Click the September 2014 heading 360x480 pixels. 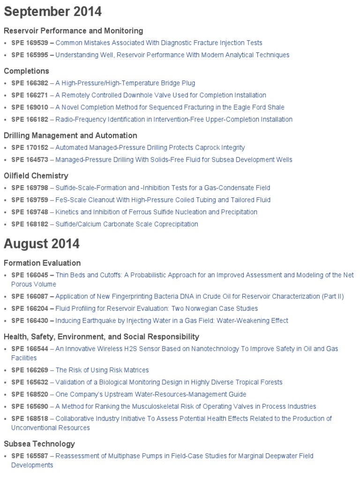click(x=52, y=11)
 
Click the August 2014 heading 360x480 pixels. click(x=42, y=244)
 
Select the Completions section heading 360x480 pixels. click(x=26, y=71)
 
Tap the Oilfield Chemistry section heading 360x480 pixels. click(x=36, y=175)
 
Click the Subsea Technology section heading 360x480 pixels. click(x=39, y=443)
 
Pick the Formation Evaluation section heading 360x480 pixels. click(x=42, y=263)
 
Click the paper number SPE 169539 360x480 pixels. click(x=30, y=43)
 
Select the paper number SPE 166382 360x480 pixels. click(x=30, y=83)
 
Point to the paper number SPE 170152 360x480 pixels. click(x=30, y=148)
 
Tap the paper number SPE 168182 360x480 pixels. click(x=30, y=224)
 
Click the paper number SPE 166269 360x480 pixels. click(x=30, y=370)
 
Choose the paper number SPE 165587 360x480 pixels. click(x=30, y=456)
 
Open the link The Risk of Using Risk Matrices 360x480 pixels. click(x=102, y=370)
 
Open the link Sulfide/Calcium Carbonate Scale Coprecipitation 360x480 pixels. click(x=127, y=224)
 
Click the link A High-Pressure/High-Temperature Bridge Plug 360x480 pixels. click(x=125, y=83)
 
